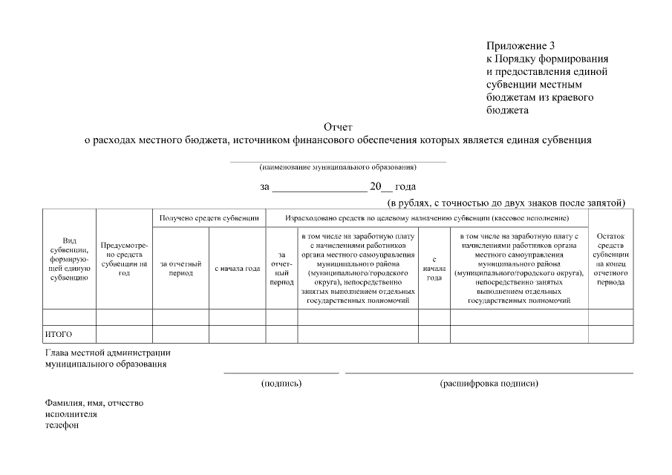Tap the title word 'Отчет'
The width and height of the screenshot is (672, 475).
[x=338, y=127]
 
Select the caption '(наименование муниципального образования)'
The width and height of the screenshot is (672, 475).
[x=338, y=166]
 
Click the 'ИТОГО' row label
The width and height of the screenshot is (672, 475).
[x=59, y=334]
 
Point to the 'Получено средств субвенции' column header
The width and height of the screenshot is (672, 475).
[x=209, y=218]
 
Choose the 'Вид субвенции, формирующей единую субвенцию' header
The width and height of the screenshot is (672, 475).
[x=70, y=259]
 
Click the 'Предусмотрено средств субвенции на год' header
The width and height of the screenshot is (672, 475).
[x=124, y=259]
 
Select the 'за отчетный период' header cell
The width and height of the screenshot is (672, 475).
[x=180, y=268]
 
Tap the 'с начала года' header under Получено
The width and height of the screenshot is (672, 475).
[x=237, y=268]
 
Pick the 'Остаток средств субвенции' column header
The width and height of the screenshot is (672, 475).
[x=611, y=259]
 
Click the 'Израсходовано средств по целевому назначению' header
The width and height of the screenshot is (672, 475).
[x=427, y=218]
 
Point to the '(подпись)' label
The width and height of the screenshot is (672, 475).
[x=281, y=384]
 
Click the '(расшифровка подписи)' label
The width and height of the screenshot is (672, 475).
[x=489, y=384]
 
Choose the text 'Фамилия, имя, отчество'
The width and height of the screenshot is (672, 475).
[x=94, y=403]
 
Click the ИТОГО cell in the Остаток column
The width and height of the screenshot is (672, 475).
[x=611, y=334]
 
